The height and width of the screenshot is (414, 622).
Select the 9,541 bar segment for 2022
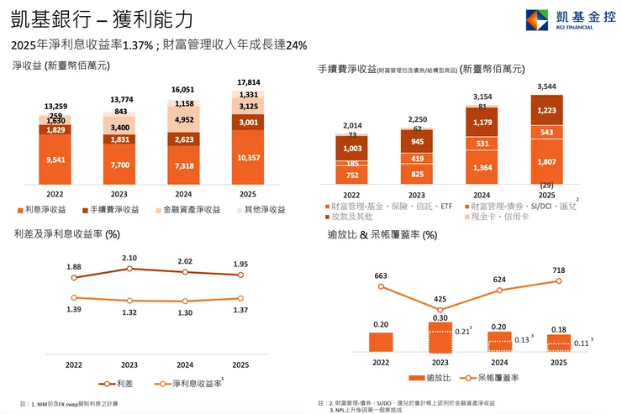(55, 160)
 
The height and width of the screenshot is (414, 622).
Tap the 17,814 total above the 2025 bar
(250, 82)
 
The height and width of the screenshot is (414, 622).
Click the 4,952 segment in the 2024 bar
(185, 119)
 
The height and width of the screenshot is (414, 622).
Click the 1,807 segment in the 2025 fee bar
(546, 162)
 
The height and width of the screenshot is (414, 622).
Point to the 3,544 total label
(546, 86)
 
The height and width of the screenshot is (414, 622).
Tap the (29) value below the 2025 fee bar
(546, 185)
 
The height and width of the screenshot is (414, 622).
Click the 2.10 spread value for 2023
(129, 257)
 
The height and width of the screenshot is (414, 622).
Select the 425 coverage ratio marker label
(440, 298)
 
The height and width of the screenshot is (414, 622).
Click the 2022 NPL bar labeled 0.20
(381, 341)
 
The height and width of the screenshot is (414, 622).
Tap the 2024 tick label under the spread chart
(185, 364)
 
